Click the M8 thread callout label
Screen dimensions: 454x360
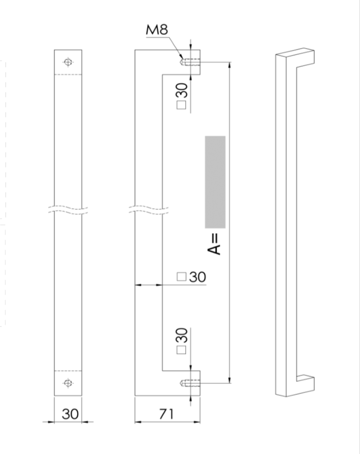click(157, 30)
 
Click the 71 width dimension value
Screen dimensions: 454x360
click(166, 414)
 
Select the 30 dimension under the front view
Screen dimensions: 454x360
click(70, 414)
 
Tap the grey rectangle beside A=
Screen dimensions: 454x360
click(215, 182)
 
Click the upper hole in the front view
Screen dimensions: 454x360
click(68, 62)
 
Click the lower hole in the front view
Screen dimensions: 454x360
click(68, 383)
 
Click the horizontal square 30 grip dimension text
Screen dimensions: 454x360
click(197, 277)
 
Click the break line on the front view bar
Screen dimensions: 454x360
click(68, 209)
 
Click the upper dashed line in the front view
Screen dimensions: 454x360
click(68, 75)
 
